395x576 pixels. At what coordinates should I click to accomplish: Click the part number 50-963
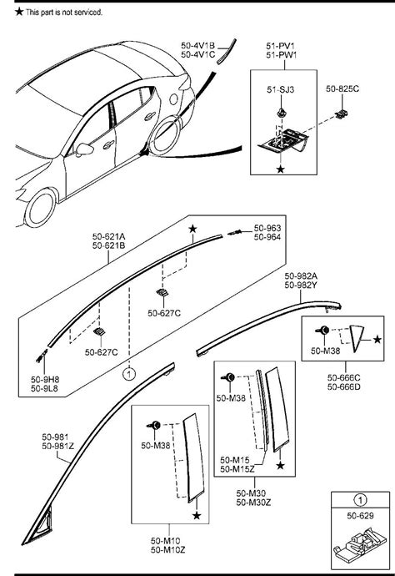tap(267, 227)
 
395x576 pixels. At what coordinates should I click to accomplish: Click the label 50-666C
tap(343, 376)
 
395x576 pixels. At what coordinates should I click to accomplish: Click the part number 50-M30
tap(251, 492)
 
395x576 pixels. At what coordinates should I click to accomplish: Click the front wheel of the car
tap(42, 202)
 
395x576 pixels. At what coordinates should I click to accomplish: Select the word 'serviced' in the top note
tap(87, 13)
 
